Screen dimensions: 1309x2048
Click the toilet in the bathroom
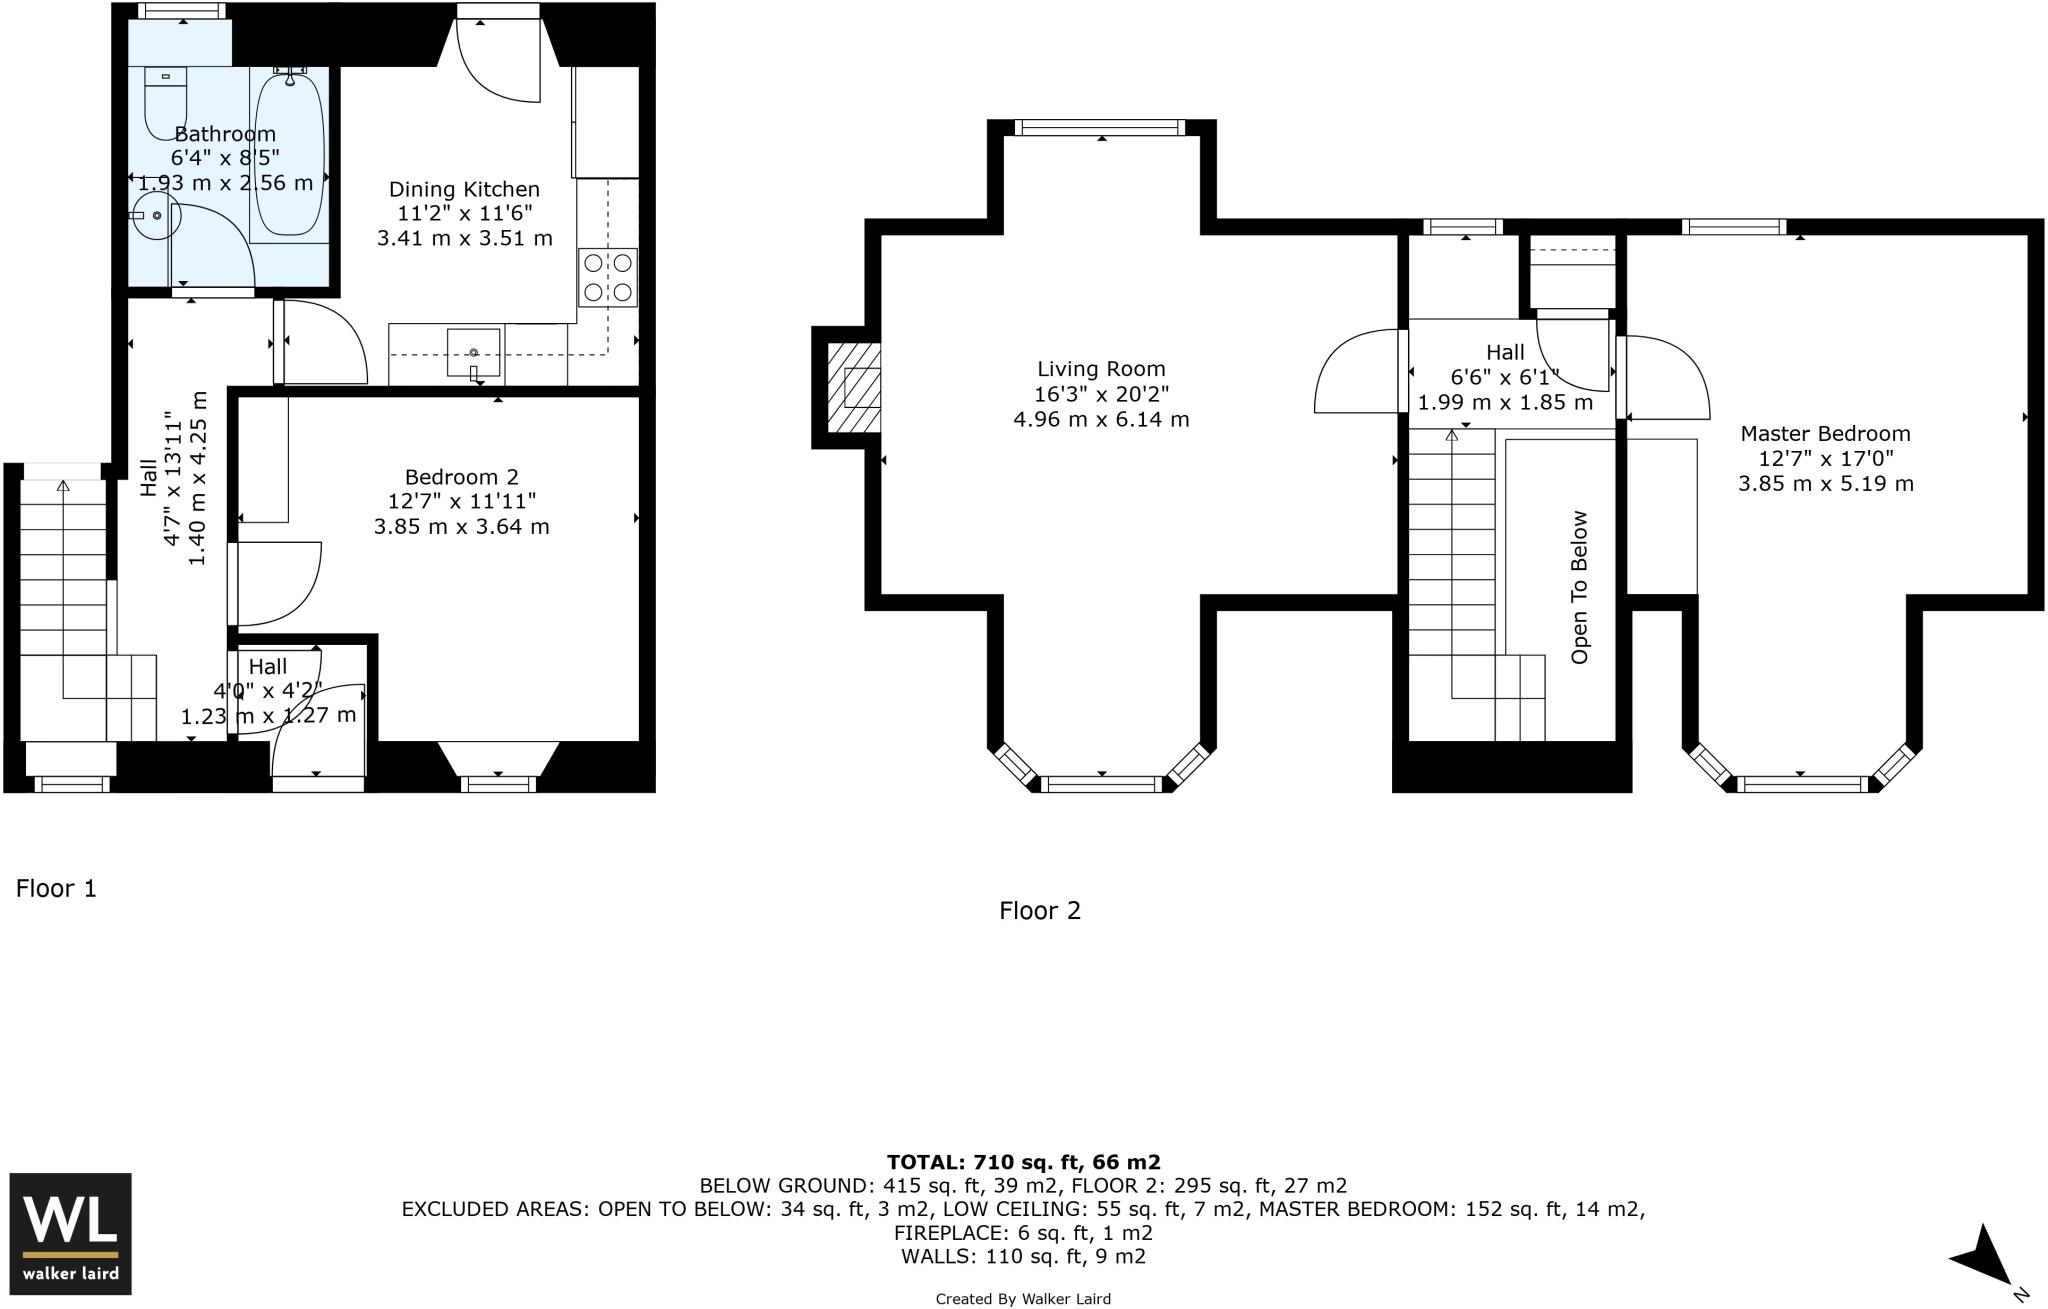pyautogui.click(x=166, y=103)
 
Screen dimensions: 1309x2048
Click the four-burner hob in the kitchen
pyautogui.click(x=608, y=277)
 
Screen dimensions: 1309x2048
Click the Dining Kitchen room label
pyautogui.click(x=464, y=189)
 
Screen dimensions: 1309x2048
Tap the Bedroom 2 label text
pyautogui.click(x=461, y=477)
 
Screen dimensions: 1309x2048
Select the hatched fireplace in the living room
pyautogui.click(x=854, y=387)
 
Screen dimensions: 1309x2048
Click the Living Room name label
pyautogui.click(x=1101, y=369)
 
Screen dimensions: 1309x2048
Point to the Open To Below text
pyautogui.click(x=1580, y=587)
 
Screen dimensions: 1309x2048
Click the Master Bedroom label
pyautogui.click(x=1825, y=433)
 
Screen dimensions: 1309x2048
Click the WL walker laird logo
pyautogui.click(x=70, y=1233)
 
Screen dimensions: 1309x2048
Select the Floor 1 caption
pyautogui.click(x=56, y=888)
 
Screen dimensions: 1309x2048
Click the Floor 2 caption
pyautogui.click(x=1040, y=910)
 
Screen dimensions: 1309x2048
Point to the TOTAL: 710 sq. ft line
pyautogui.click(x=1023, y=1162)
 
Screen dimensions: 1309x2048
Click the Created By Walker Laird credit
pyautogui.click(x=1023, y=1299)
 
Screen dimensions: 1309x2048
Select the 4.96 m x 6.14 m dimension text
pyautogui.click(x=1101, y=419)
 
